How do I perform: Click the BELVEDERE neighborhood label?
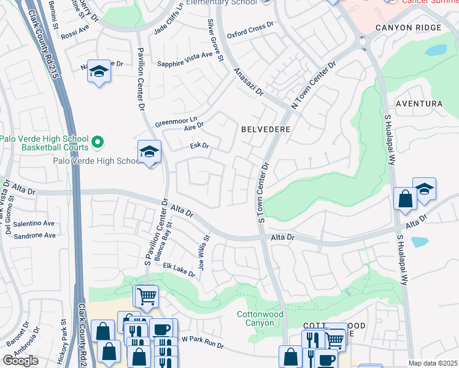point(265,130)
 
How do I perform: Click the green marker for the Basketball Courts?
point(97,144)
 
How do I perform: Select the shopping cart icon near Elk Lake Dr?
point(145,297)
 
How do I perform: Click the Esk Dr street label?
point(200,146)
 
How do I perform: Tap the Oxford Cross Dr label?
point(250,31)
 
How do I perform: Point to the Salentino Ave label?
point(34,224)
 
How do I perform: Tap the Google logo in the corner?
point(20,361)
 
